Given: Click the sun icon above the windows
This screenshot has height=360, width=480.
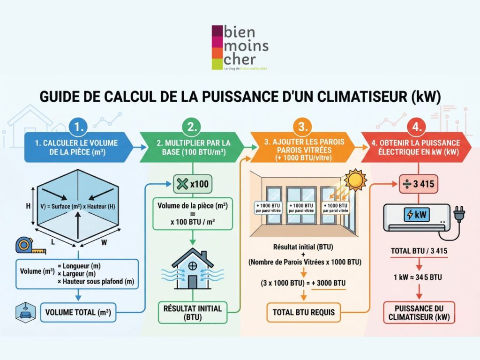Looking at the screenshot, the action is coord(355,180).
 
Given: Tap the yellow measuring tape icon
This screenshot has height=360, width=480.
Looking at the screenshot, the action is coord(25,246).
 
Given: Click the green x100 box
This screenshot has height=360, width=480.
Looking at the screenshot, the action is coord(193,184).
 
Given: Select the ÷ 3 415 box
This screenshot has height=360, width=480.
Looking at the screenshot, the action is coord(418,184).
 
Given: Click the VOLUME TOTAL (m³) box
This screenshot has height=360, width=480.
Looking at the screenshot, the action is coord(78,312).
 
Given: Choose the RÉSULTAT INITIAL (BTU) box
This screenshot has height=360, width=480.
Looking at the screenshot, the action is coord(193,312).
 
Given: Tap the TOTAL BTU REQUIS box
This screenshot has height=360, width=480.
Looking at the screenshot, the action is coord(303,312).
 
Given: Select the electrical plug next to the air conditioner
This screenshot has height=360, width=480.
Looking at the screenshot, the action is coord(459,214).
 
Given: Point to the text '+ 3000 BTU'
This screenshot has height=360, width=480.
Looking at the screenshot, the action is coord(328,284).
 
